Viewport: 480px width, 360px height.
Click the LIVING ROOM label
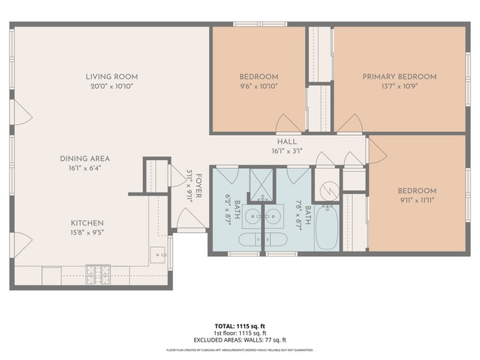coord(112,77)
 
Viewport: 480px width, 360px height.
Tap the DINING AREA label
coord(85,159)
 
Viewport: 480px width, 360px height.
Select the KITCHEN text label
coord(87,223)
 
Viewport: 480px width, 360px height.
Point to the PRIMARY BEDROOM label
coord(399,77)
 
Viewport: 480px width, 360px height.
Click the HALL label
coord(287,142)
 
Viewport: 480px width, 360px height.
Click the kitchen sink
coord(158,255)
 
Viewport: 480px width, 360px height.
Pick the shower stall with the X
coord(259,183)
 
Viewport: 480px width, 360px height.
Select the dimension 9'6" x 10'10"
coord(258,86)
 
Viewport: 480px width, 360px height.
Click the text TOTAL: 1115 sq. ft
coord(239,325)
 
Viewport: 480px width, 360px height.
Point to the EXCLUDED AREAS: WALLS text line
coord(239,339)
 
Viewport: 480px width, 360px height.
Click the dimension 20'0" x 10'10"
coord(112,86)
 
